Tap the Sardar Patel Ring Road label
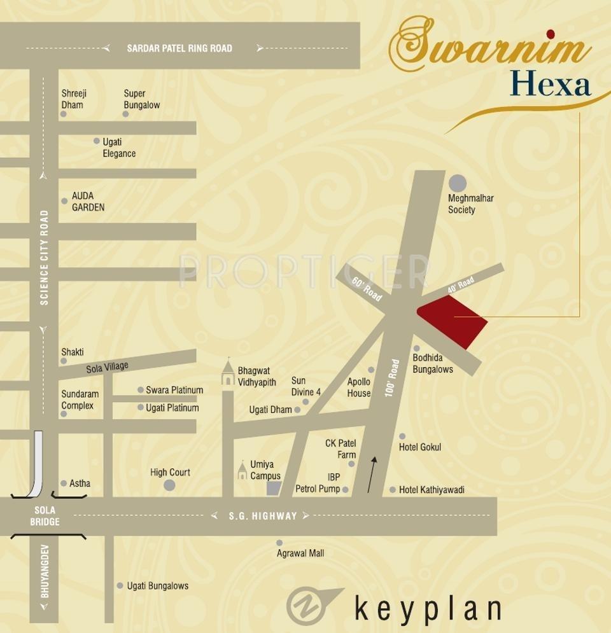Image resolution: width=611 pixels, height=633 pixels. pos(179,48)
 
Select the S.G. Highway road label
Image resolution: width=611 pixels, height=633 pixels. pos(263,516)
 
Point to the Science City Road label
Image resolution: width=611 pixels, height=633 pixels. pos(44,258)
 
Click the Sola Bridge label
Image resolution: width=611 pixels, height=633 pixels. pos(45,516)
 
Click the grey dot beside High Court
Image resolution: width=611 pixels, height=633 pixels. pos(169,485)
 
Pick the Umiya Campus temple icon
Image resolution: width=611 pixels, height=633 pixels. pos(242,471)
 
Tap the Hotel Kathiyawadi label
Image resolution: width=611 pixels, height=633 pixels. pos(432,490)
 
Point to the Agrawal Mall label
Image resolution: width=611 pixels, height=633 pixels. pos(300,553)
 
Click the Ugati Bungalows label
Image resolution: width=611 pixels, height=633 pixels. pos(158,586)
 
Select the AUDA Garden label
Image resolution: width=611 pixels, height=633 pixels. pos(88,202)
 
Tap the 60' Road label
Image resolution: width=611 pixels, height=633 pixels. pos(367,289)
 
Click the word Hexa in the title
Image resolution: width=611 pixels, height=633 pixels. pos(551,85)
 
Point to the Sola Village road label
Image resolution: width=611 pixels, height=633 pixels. pos(108,368)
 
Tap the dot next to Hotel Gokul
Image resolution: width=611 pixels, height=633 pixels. pos(402,436)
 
